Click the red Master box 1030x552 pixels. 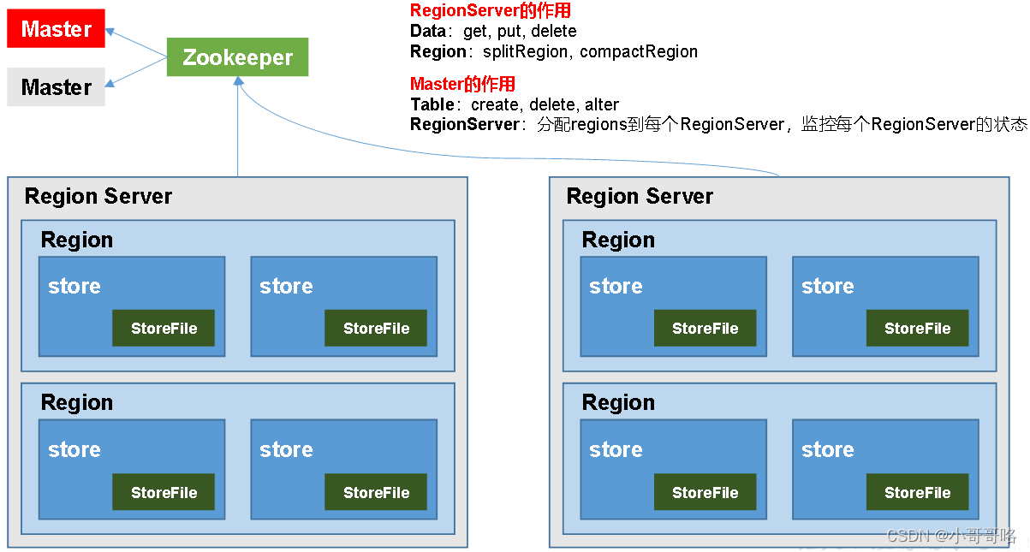coord(57,28)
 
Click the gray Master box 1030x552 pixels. coord(57,87)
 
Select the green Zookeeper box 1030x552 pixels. coord(237,57)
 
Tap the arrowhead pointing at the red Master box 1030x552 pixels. coord(110,32)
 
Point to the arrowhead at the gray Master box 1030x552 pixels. coord(110,83)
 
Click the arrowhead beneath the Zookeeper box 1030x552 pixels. coord(238,81)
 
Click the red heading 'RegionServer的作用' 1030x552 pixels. coord(490,10)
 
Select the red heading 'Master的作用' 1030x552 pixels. coord(462,84)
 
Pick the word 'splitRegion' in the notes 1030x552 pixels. coord(525,51)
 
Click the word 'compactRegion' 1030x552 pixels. coord(639,51)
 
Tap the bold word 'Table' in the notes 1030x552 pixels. coord(432,104)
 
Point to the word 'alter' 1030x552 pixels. coord(602,104)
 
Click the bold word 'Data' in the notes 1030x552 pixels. coord(427,31)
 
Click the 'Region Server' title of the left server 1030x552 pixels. coord(98,196)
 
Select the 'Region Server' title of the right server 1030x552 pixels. coord(640,196)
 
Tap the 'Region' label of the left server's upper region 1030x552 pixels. coord(77,240)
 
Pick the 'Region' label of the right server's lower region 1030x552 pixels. coord(618,402)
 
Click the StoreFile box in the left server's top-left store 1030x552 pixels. coord(164,328)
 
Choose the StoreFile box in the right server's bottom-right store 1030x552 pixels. coord(917,492)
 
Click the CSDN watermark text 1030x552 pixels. coord(951,536)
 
